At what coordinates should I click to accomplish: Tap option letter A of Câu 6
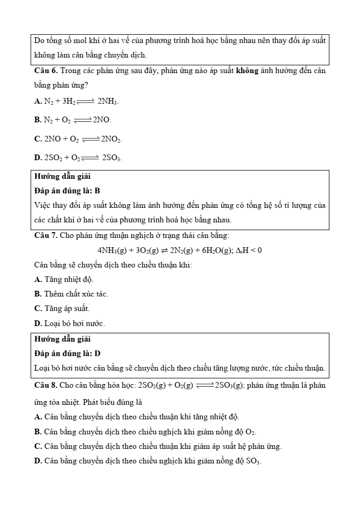[37, 102]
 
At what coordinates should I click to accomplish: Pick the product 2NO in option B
[102, 120]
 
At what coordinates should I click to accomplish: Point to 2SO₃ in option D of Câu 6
[112, 158]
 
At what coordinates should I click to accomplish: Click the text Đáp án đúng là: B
[67, 191]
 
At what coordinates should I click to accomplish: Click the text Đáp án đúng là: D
[67, 354]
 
